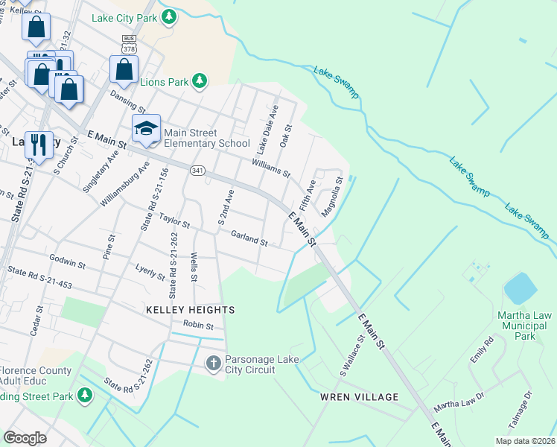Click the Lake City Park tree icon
tap(169, 16)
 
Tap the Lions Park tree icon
tap(199, 80)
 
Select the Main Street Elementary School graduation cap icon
tap(146, 128)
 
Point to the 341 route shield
tap(197, 170)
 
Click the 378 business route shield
tap(130, 44)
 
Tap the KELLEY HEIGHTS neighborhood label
tap(190, 309)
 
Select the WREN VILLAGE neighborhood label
tap(359, 397)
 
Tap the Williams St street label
tap(271, 168)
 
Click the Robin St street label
tap(198, 326)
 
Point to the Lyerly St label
tap(150, 271)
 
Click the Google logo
tap(25, 437)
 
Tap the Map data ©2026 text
tap(524, 441)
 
